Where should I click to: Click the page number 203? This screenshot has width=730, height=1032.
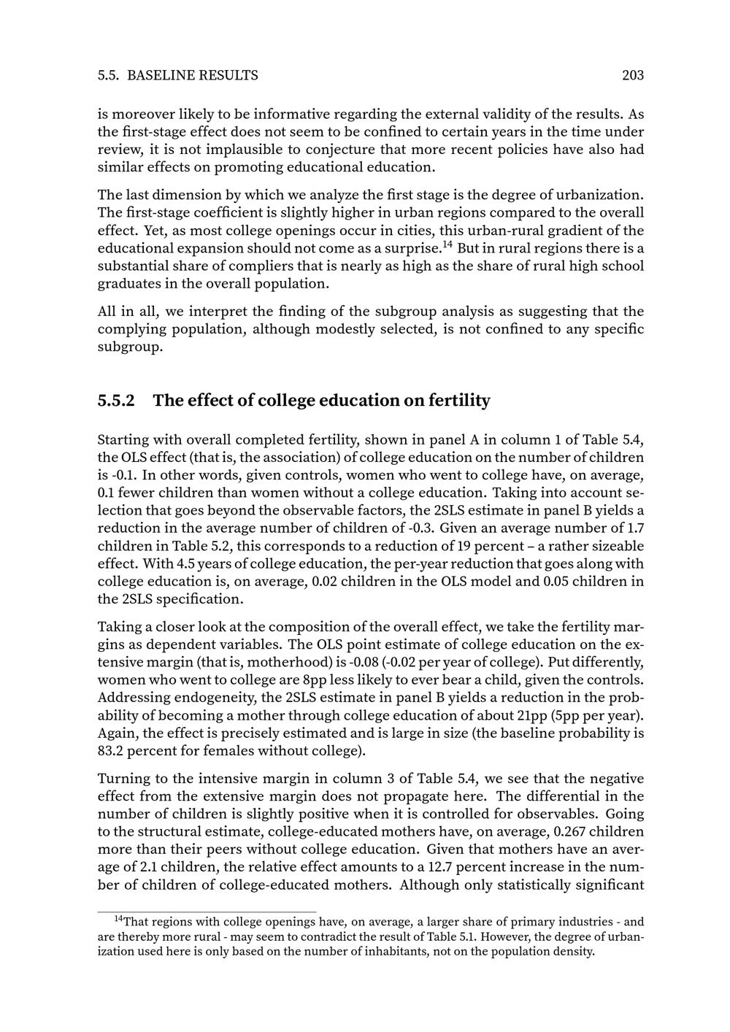click(632, 75)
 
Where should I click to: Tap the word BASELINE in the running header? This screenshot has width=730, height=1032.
click(161, 75)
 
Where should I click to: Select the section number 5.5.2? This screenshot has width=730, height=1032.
click(116, 401)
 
